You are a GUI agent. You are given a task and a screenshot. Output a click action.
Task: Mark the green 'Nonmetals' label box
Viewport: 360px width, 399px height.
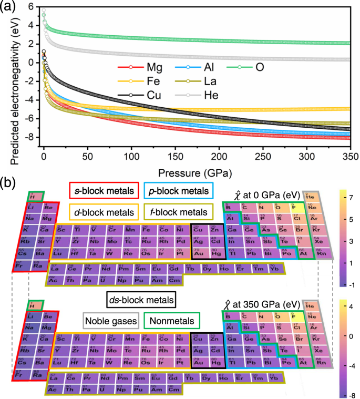pyautogui.click(x=170, y=320)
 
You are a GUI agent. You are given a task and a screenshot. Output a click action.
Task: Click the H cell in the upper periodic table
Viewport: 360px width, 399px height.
pyautogui.click(x=37, y=197)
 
